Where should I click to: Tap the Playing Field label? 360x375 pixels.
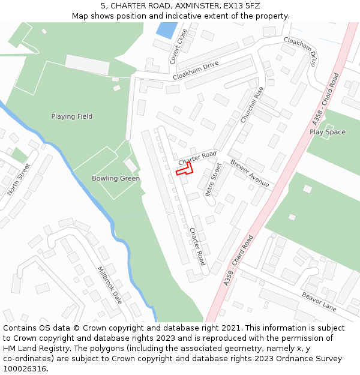click(x=72, y=116)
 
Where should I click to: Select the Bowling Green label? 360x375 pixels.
click(x=116, y=178)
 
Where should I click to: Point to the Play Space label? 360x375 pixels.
click(x=328, y=132)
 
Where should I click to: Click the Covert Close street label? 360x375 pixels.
click(x=178, y=46)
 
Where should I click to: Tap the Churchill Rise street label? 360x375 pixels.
click(x=252, y=105)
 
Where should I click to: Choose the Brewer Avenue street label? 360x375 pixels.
click(x=250, y=173)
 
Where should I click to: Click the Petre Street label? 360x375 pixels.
click(x=213, y=179)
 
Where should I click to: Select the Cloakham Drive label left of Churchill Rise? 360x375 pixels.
click(x=195, y=71)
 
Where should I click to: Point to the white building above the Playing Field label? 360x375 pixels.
click(x=87, y=64)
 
